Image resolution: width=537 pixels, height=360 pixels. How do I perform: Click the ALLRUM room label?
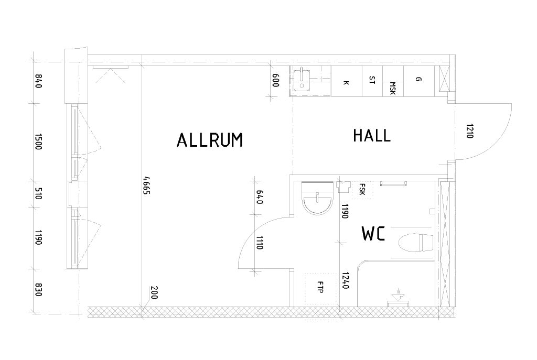[210, 140]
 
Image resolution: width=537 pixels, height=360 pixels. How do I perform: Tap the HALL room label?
[372, 136]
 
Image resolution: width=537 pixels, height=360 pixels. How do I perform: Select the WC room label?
[373, 234]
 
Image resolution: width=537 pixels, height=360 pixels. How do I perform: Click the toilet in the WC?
[416, 242]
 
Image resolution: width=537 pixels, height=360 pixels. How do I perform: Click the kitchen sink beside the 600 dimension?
[302, 79]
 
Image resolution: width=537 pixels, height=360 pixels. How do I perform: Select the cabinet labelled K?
[346, 81]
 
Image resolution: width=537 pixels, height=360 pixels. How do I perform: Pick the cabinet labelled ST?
[372, 81]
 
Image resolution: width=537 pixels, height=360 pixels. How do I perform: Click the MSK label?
[392, 88]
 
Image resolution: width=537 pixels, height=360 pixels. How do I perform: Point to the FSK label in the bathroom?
[362, 189]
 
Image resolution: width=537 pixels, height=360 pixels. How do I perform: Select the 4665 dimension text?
[147, 185]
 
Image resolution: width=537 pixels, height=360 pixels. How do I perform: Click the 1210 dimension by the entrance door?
[469, 130]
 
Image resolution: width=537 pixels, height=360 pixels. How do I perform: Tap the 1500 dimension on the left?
[38, 141]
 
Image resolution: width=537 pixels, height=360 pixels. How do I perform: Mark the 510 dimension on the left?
[38, 193]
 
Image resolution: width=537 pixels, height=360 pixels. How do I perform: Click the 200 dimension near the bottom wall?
[154, 292]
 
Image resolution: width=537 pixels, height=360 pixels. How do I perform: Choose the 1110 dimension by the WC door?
[259, 242]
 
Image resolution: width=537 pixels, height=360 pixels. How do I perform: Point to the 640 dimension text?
[259, 197]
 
